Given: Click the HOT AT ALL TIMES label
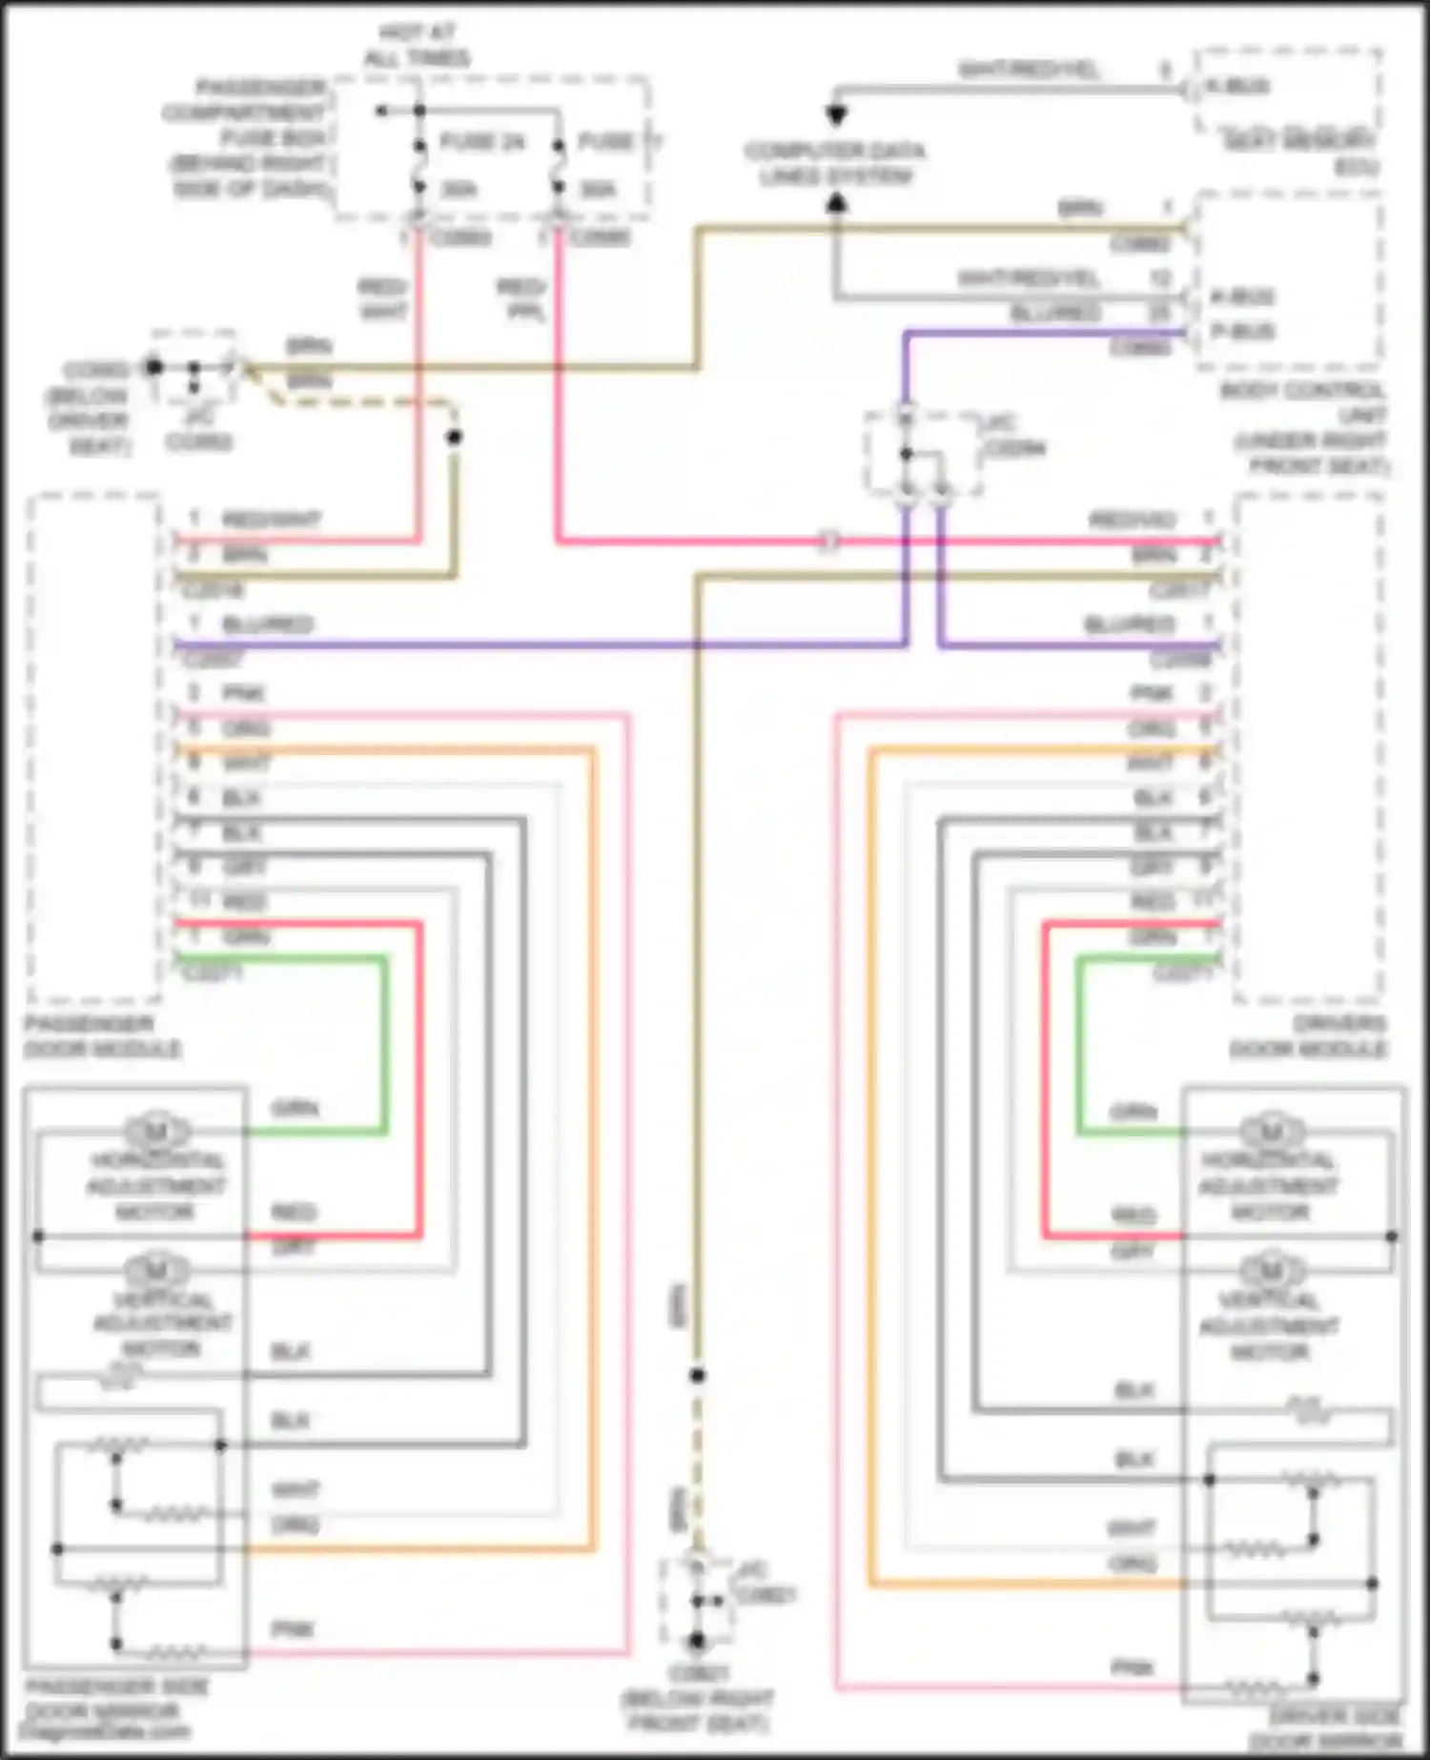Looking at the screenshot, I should click(417, 46).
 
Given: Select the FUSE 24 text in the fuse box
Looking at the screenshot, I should click(482, 143).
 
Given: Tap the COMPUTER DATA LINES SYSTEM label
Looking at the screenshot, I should click(834, 164).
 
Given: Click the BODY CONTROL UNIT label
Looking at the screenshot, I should click(1303, 427).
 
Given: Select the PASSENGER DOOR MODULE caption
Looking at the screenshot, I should click(102, 1036).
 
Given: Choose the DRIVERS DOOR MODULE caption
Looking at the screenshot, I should click(1308, 1036).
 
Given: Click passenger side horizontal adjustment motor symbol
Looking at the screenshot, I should click(156, 1131).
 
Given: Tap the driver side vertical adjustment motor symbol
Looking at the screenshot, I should click(1270, 1270).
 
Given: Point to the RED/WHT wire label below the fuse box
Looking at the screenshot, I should click(383, 298).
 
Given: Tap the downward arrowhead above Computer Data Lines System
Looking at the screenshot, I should click(836, 116).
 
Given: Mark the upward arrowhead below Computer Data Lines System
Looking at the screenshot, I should click(836, 202).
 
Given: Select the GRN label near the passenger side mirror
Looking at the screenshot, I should click(296, 1108).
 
